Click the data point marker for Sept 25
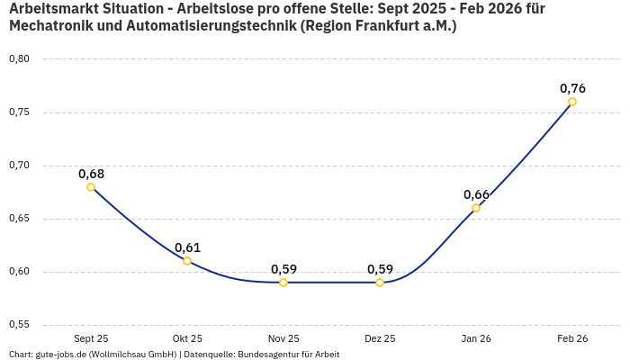coord(91,187)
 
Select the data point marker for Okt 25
coord(187,261)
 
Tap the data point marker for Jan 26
coord(476,208)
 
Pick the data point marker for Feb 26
coord(572,102)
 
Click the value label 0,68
coord(91,174)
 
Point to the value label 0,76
coord(572,88)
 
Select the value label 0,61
coord(187,247)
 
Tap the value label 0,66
coord(476,194)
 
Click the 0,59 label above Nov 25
coord(283,269)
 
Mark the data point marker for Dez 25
coord(380,283)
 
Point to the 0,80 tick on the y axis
coord(19,59)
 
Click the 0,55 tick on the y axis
coord(19,325)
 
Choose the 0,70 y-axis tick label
coord(19,166)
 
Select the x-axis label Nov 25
coord(283,338)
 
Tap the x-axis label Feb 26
coord(572,338)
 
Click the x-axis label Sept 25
coord(91,338)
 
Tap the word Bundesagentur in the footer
coord(268,354)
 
